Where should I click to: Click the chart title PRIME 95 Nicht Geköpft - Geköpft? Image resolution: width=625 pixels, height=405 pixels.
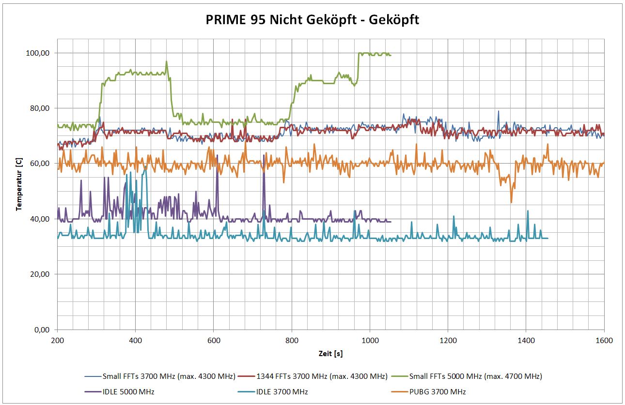312,20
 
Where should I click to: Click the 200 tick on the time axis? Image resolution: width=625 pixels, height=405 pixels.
57,340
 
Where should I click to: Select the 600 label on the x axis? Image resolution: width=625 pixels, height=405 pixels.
214,340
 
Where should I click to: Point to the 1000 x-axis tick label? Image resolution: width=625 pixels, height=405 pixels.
370,340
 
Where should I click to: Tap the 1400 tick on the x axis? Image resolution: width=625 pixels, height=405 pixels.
526,340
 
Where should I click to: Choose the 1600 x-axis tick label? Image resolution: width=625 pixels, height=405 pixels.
604,340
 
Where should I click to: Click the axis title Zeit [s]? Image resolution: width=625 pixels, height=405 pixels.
330,354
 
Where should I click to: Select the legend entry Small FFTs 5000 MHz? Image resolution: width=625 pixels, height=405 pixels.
475,376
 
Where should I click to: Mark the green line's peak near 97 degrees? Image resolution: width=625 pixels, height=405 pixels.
166,61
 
